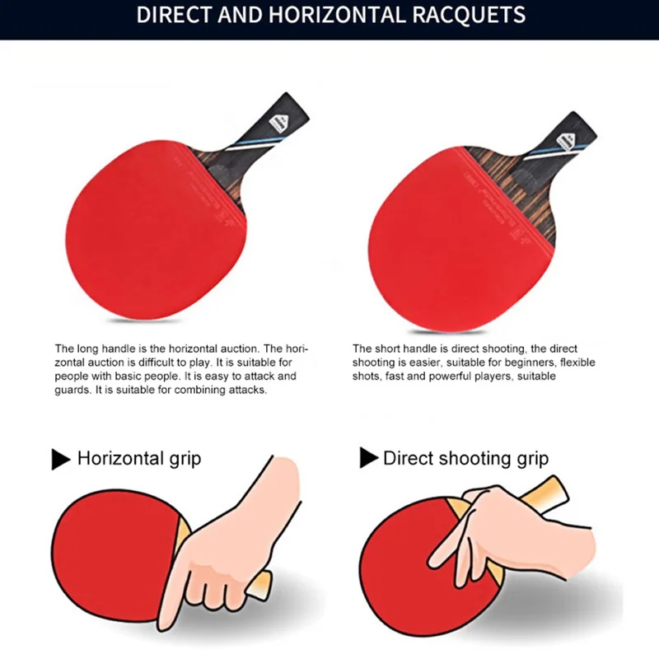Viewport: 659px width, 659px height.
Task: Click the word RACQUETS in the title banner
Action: tap(469, 15)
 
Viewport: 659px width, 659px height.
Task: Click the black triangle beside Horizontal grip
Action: tap(61, 459)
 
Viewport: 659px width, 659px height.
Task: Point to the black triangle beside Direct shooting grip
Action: tap(369, 458)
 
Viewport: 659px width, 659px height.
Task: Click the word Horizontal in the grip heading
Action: tap(121, 458)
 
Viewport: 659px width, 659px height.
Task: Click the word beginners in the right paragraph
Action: tap(530, 362)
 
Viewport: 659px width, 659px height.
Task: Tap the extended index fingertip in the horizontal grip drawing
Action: tap(166, 624)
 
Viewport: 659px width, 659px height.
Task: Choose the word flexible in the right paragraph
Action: tap(577, 362)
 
